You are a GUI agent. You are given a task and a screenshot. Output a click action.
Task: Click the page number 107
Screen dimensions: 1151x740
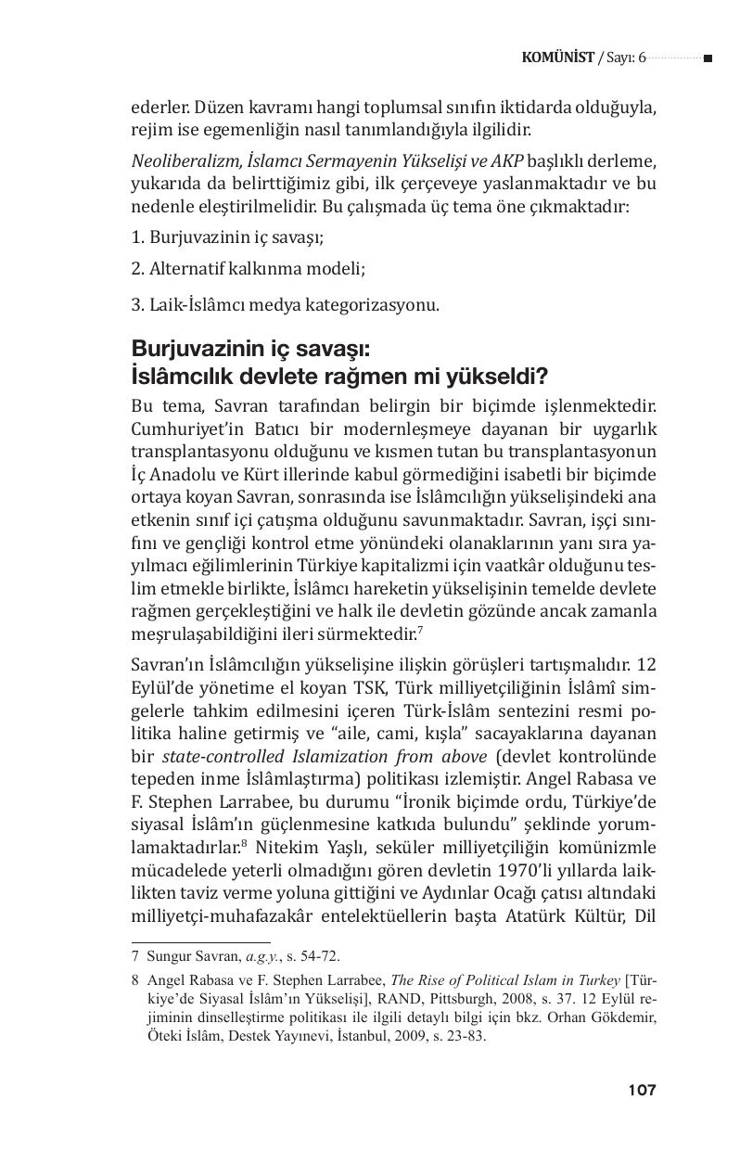click(641, 1090)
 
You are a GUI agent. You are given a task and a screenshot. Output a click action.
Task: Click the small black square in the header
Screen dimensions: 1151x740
click(708, 58)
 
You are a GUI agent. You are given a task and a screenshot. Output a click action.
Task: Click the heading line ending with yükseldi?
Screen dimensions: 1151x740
click(340, 377)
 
